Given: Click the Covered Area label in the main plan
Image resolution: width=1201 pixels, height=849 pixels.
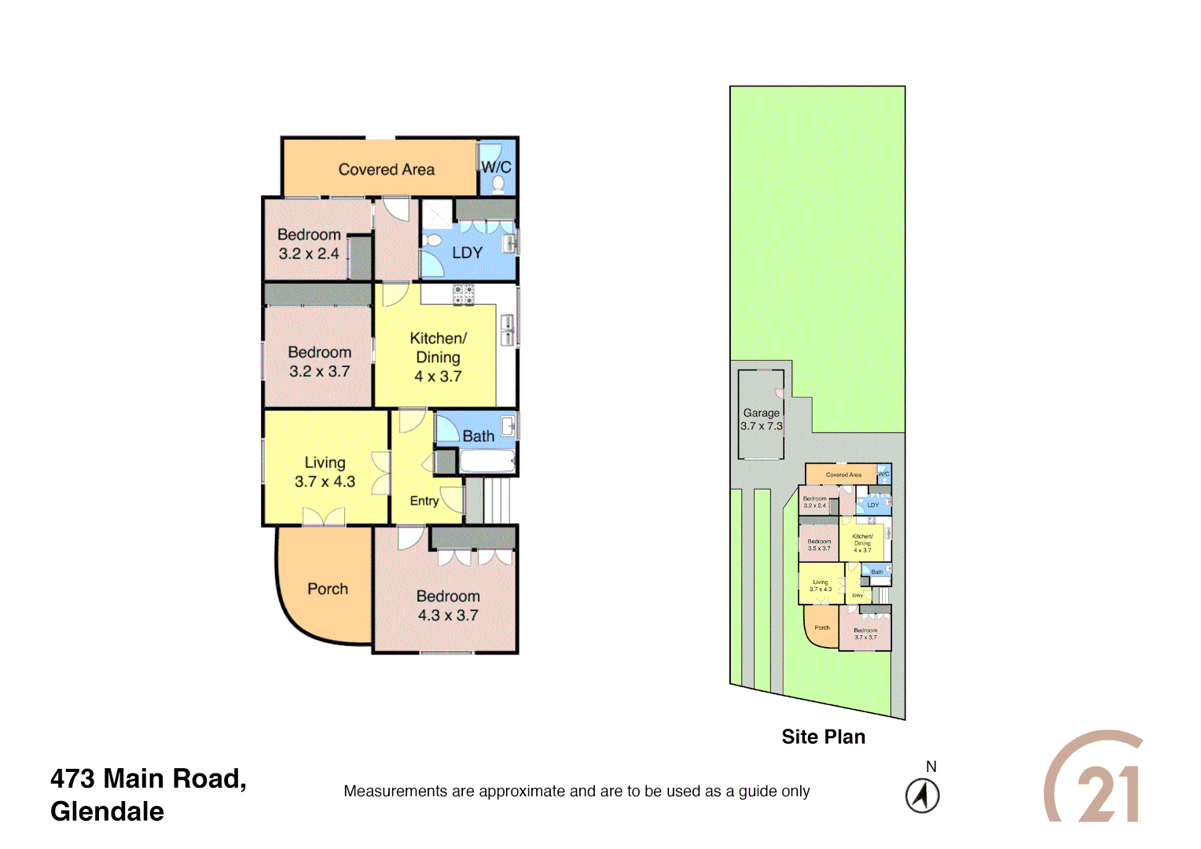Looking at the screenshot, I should click(x=386, y=170).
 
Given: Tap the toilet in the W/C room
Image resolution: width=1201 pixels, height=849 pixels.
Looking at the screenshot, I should click(x=498, y=184).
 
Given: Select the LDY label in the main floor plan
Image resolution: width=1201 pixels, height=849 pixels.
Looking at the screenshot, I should click(x=467, y=253).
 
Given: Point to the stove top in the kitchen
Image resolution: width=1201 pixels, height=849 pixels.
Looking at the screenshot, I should click(x=463, y=295).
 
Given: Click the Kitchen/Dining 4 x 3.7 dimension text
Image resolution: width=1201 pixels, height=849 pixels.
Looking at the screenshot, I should click(x=438, y=377).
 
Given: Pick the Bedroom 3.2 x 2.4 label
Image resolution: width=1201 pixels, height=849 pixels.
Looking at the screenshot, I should click(x=309, y=244).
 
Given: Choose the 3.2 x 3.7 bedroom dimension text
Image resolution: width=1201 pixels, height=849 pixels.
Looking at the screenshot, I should click(x=319, y=372).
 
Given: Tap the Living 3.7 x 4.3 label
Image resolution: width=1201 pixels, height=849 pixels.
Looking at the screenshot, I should click(x=325, y=472).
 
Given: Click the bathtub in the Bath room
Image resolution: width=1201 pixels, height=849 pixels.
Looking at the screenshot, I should click(x=487, y=461).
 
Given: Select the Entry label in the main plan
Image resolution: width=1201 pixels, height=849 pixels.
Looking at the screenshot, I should click(x=424, y=501).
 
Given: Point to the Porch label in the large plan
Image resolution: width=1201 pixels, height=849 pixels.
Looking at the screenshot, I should click(x=327, y=589).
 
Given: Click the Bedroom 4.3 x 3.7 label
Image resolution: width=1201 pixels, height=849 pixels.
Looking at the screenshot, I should click(x=447, y=606).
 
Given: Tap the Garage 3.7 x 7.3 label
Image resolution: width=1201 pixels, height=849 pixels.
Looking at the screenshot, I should click(x=761, y=420).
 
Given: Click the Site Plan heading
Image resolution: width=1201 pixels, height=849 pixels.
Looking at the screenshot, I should click(x=823, y=737).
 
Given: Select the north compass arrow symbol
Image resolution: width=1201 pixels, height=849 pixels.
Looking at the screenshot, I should click(x=922, y=796).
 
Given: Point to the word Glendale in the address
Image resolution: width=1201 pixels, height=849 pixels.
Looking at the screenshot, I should click(x=107, y=811).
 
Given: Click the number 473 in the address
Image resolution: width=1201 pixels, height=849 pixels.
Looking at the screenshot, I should click(x=73, y=778).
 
